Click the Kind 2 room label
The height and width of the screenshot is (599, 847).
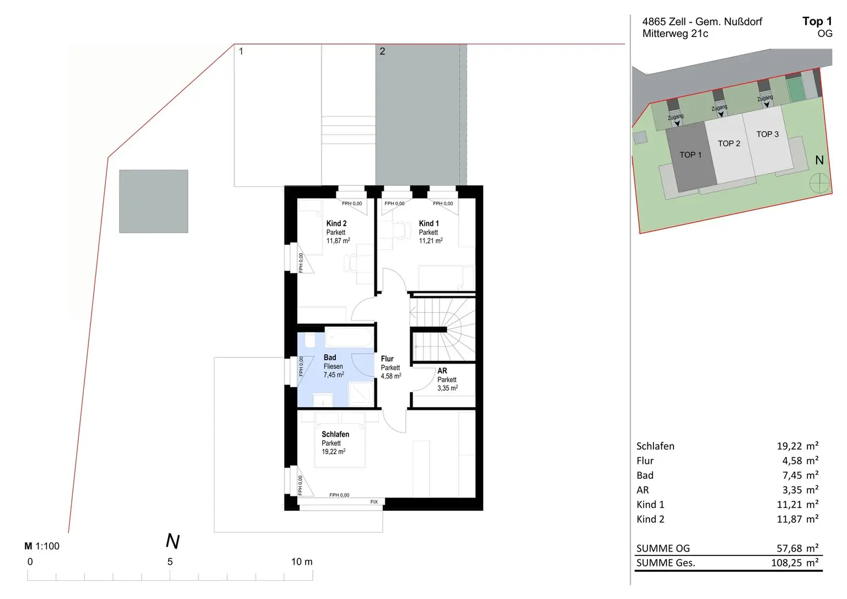(336, 223)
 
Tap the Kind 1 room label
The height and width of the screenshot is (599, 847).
(429, 223)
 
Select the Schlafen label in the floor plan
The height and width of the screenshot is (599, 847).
(335, 435)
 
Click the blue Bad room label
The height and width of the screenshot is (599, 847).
(330, 357)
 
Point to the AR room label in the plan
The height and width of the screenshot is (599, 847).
(442, 371)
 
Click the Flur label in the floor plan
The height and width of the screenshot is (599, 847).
(387, 359)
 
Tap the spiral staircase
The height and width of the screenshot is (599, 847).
(443, 329)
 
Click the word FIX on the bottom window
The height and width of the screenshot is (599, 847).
(374, 502)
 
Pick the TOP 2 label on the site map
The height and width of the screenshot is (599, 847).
(729, 144)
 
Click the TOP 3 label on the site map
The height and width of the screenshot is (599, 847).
(767, 134)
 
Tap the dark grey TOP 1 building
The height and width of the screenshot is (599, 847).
(691, 157)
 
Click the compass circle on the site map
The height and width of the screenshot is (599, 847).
(819, 184)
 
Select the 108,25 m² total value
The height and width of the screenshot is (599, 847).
(795, 563)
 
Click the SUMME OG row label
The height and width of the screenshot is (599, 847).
(663, 548)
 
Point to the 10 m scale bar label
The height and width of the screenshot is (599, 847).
(302, 562)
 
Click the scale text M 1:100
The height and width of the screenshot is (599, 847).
(42, 546)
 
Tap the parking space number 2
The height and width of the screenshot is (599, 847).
(382, 51)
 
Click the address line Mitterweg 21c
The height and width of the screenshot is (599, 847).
(676, 34)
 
